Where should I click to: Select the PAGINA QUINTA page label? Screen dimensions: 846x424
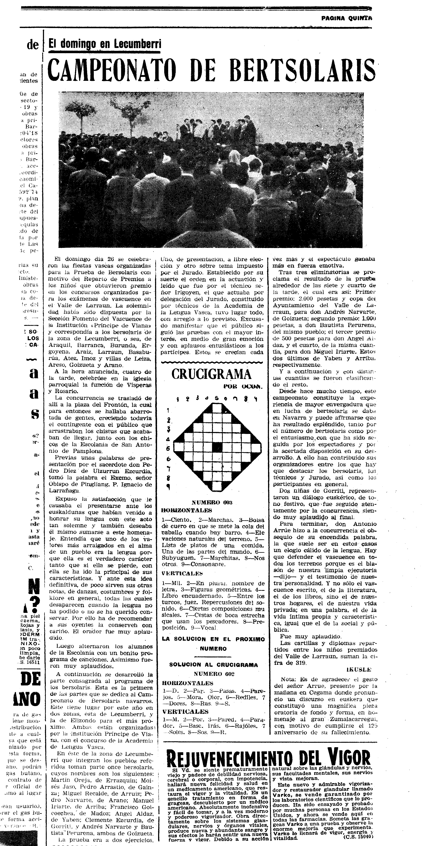pyautogui.click(x=347, y=18)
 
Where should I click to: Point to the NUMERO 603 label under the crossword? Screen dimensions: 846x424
pyautogui.click(x=211, y=502)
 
